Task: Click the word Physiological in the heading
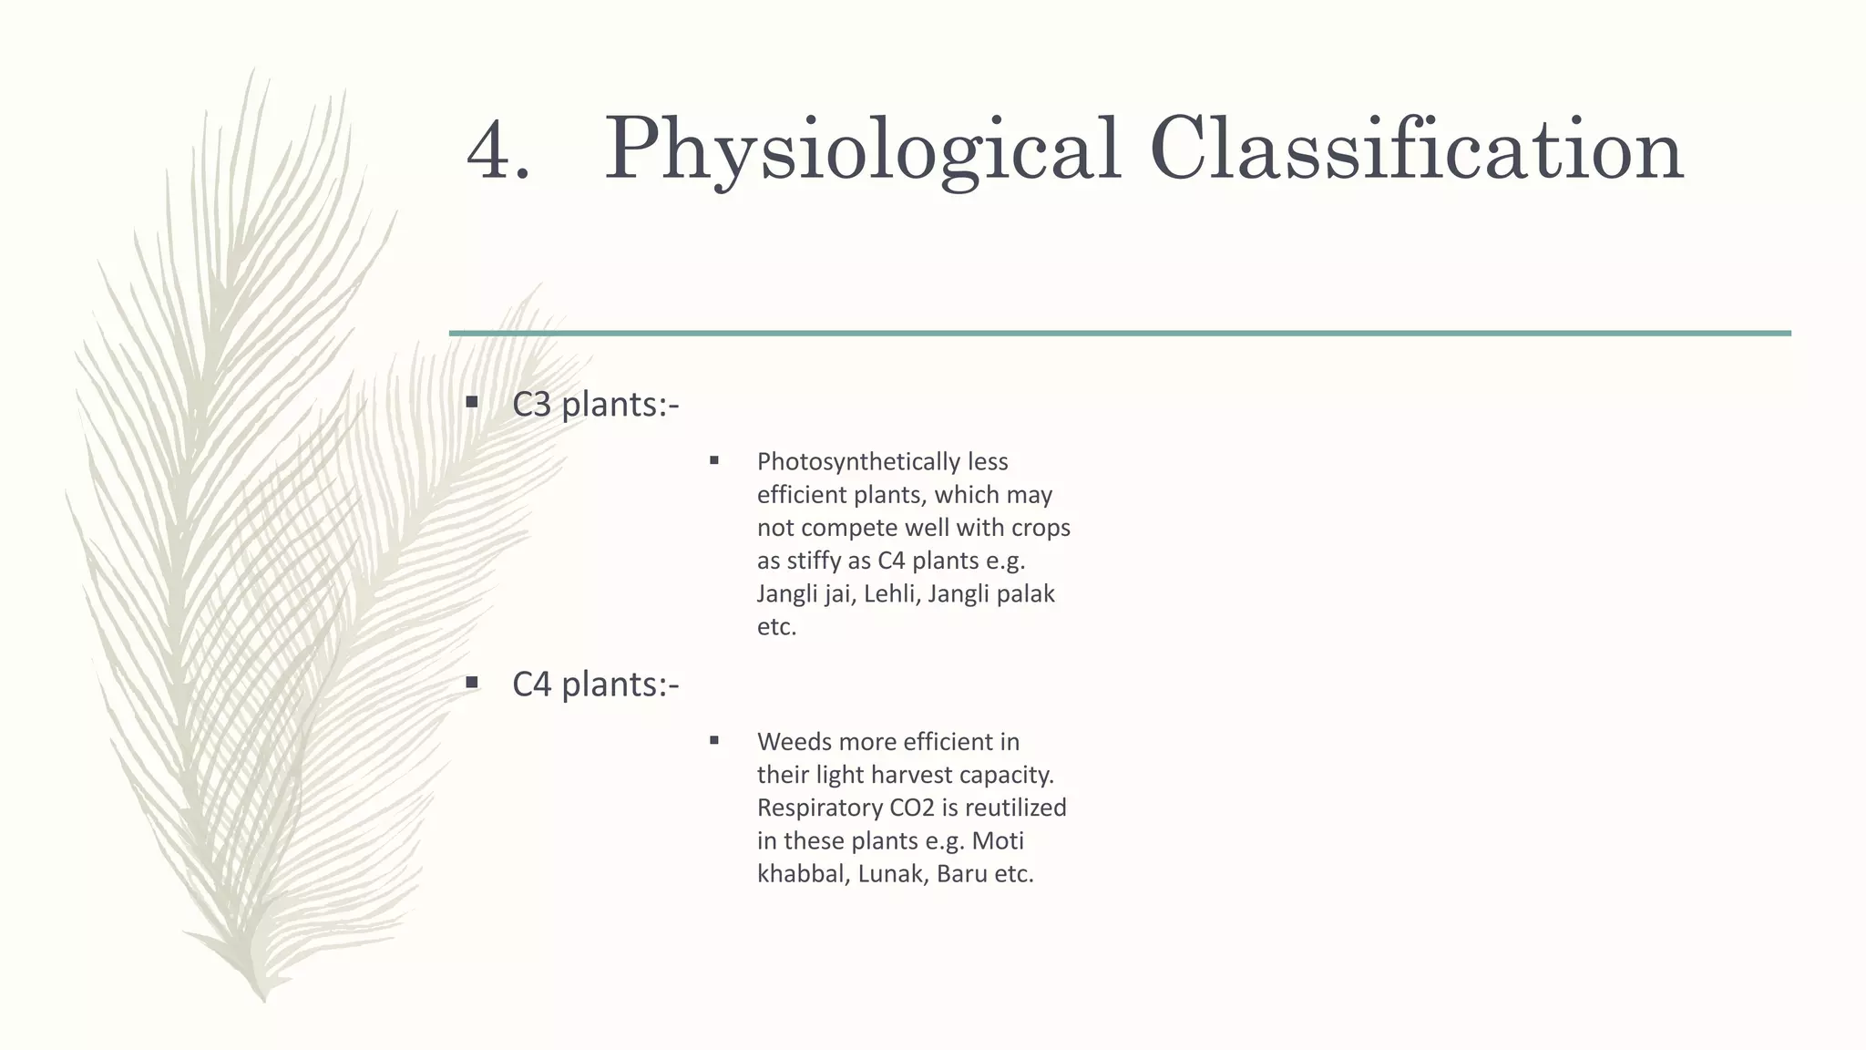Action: click(862, 149)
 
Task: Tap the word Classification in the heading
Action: click(1416, 149)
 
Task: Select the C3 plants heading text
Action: click(595, 405)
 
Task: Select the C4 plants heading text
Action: click(595, 685)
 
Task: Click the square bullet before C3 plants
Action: click(472, 402)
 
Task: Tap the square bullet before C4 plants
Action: click(472, 682)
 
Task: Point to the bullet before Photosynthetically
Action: click(714, 460)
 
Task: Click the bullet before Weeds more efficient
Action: click(714, 740)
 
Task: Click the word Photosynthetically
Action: click(858, 462)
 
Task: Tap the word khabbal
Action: click(802, 874)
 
